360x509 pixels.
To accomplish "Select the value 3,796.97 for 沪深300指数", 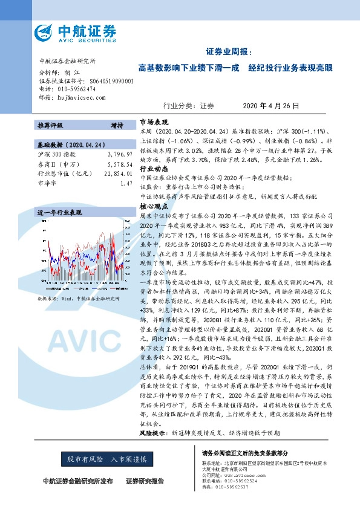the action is coord(119,155).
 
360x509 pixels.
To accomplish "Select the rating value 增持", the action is coord(117,126).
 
